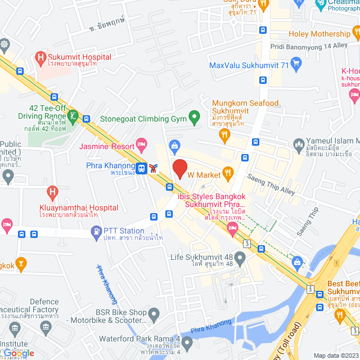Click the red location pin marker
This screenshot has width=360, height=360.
coord(179,168)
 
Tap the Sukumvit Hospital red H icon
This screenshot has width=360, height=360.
coord(40,57)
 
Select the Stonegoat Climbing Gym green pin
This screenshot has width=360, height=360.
coord(195,118)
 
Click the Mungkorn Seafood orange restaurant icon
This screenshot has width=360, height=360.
coord(225,134)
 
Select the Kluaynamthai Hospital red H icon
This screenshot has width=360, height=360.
coord(53,192)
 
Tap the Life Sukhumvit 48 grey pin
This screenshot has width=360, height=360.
coord(240,258)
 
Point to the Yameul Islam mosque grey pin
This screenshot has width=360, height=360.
coord(298,145)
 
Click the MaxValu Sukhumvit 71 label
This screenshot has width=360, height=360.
coord(249,65)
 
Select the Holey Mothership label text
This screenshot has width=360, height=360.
coord(319,34)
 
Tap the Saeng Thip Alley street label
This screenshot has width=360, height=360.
coord(272,184)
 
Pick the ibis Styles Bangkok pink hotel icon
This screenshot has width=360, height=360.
coord(233,228)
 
